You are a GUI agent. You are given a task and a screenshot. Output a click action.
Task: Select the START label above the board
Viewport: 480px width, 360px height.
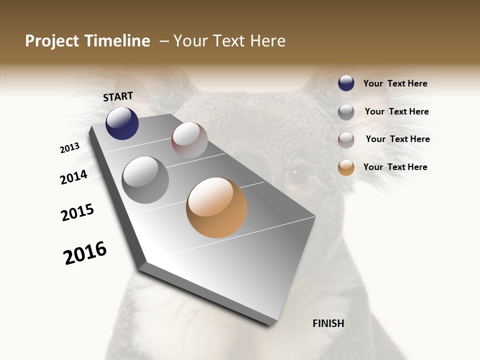(x=118, y=96)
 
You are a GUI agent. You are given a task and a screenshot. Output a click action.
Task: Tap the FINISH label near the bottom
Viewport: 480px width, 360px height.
(x=328, y=323)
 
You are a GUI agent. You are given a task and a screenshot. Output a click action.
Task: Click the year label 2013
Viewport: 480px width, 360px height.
(x=69, y=148)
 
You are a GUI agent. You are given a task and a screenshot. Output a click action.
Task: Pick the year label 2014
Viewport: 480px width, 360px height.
(x=73, y=177)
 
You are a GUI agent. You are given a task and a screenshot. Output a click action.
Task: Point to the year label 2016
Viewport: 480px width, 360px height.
(x=85, y=253)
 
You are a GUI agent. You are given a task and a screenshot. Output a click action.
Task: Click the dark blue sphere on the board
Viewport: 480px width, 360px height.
(x=122, y=123)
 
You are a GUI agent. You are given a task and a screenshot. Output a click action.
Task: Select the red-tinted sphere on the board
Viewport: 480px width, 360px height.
(x=189, y=140)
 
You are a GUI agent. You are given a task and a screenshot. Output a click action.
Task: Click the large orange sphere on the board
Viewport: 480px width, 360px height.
(x=216, y=207)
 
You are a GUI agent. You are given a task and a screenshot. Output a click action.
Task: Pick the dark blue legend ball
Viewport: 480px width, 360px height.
(x=346, y=83)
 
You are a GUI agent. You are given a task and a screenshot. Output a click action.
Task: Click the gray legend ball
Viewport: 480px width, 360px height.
(x=346, y=112)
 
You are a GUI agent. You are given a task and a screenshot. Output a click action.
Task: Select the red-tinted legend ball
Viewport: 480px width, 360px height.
(x=346, y=140)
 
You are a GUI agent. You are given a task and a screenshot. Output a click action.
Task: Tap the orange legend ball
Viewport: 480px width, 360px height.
(x=346, y=167)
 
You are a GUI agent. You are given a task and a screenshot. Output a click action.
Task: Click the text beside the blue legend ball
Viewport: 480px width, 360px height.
(x=395, y=84)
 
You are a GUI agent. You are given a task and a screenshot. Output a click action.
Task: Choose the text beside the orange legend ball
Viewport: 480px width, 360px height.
(x=395, y=167)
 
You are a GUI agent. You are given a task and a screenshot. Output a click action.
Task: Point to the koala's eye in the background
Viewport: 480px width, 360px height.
(x=299, y=174)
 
